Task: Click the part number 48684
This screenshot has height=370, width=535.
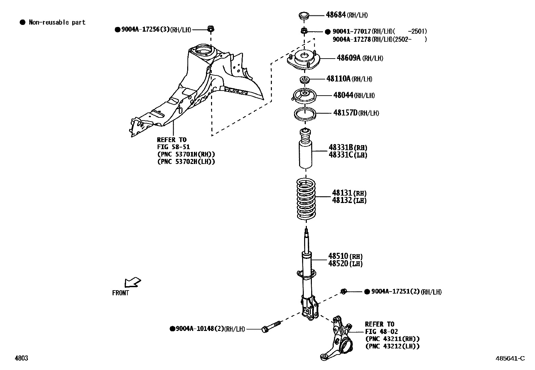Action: click(x=336, y=15)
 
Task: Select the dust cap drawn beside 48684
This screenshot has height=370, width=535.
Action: click(x=304, y=15)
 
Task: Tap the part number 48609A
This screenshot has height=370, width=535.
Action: click(x=348, y=58)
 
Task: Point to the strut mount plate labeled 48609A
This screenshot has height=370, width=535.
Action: click(x=304, y=61)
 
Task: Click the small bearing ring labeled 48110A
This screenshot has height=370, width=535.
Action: click(x=305, y=80)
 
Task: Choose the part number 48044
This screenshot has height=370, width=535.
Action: click(x=343, y=95)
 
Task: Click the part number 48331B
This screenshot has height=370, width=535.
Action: click(x=341, y=147)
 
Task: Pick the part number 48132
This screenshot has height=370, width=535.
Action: click(x=342, y=200)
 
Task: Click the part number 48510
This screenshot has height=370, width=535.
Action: click(x=338, y=257)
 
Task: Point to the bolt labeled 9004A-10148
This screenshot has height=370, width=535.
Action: click(x=271, y=327)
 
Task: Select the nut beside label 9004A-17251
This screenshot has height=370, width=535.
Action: click(x=343, y=291)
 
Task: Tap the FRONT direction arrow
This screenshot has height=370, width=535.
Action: click(x=132, y=282)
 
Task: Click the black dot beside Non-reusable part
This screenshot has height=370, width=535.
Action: click(x=23, y=23)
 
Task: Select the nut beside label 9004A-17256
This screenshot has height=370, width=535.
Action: click(x=211, y=29)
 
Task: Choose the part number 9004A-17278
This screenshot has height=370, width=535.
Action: click(x=352, y=39)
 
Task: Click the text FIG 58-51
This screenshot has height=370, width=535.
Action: click(x=173, y=147)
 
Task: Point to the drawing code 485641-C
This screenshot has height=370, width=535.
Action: click(x=509, y=358)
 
